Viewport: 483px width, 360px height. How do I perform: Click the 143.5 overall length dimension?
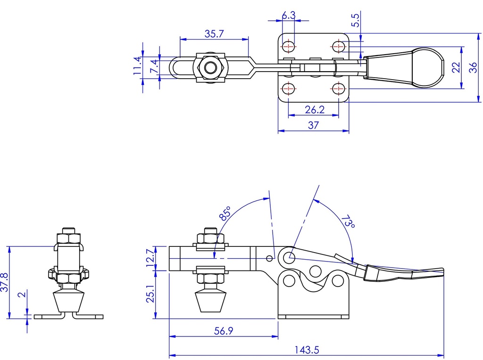[x=307, y=350]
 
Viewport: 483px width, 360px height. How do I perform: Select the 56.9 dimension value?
[x=224, y=331]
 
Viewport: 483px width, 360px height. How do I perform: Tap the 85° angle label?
[x=225, y=213]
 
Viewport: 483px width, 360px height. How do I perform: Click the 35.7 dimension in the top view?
[x=214, y=33]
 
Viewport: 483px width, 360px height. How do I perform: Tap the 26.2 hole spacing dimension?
[x=315, y=109]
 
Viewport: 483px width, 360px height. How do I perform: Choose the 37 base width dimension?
[x=313, y=125]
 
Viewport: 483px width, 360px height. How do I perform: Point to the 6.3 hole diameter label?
[x=289, y=15]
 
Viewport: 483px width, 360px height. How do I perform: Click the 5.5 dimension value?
[x=355, y=20]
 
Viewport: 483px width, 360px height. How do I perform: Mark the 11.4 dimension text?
[x=138, y=65]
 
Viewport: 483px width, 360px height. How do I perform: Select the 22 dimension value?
[x=456, y=67]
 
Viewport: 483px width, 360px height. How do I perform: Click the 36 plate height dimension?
[x=473, y=67]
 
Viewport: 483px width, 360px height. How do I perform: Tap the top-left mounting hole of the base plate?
[x=288, y=47]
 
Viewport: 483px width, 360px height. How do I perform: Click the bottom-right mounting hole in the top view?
[x=338, y=89]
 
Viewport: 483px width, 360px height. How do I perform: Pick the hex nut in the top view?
[x=210, y=67]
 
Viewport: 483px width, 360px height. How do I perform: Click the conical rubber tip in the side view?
[x=209, y=302]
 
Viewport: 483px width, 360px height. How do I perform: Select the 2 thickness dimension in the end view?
[x=22, y=295]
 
